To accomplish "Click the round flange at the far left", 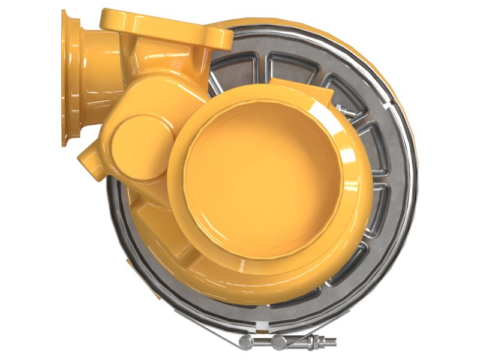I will (x=71, y=78).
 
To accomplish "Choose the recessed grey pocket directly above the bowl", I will (x=288, y=67).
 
